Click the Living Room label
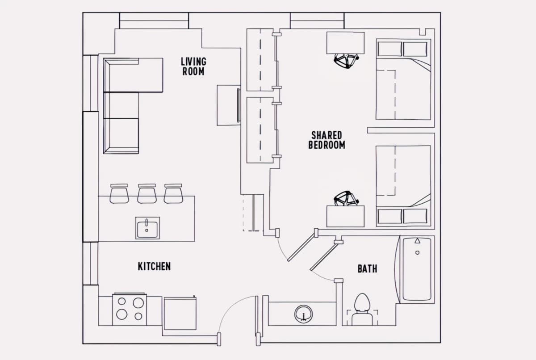click(x=193, y=67)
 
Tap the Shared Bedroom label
click(x=327, y=140)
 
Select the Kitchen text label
click(x=155, y=266)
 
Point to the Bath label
click(x=368, y=269)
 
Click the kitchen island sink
click(x=147, y=228)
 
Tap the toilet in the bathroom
click(x=362, y=310)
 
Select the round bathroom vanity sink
click(x=303, y=314)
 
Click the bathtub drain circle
click(x=417, y=253)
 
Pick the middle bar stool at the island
click(x=147, y=193)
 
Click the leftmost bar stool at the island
click(x=119, y=193)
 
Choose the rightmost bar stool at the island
click(x=173, y=193)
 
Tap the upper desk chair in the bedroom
click(x=346, y=61)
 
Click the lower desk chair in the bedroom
click(x=346, y=198)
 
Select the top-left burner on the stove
click(x=122, y=301)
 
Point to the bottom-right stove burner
click(x=138, y=317)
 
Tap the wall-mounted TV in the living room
click(x=239, y=105)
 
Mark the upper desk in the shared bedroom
click(x=346, y=43)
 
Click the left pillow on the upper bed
click(x=390, y=49)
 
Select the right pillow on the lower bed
click(x=415, y=216)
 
